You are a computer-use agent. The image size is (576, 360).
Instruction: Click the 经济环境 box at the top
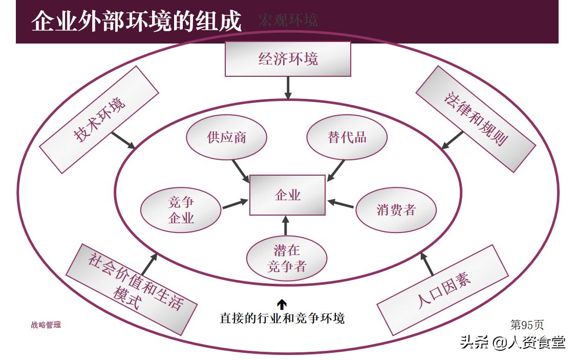288,59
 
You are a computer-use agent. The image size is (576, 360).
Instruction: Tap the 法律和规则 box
475,119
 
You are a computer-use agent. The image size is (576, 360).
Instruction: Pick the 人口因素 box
443,290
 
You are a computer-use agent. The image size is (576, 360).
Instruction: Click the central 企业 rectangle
287,195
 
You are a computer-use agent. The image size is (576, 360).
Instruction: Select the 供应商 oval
226,138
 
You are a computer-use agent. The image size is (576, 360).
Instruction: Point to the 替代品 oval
347,138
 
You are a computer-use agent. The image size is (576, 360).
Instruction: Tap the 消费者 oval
395,210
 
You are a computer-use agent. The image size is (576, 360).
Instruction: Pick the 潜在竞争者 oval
286,258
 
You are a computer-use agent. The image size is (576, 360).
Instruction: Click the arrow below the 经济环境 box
288,88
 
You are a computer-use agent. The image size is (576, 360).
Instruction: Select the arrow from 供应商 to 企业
241,171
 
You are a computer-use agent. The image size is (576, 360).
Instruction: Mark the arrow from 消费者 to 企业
340,203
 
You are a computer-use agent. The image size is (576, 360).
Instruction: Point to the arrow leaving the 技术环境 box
123,140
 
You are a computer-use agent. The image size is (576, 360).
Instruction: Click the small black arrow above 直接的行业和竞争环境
282,304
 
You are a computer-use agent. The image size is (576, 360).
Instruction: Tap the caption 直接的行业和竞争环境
282,318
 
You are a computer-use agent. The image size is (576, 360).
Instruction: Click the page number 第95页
527,324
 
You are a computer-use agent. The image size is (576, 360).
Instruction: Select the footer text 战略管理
46,325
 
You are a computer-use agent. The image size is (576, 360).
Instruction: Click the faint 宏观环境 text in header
288,20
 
